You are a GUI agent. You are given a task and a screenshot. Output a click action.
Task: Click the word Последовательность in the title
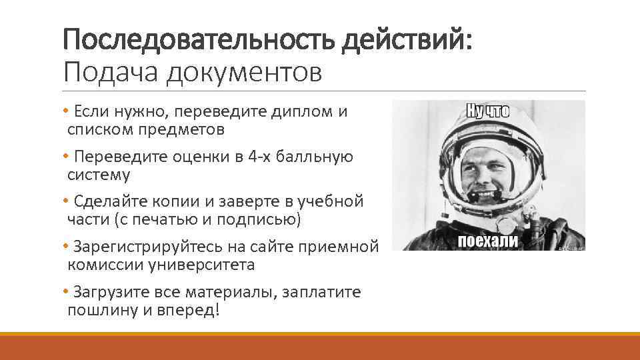199,43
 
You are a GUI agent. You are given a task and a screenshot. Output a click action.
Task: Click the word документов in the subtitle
245,73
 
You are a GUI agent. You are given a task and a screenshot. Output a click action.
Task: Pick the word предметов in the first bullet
179,129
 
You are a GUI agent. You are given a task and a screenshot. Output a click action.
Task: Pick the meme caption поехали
488,241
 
